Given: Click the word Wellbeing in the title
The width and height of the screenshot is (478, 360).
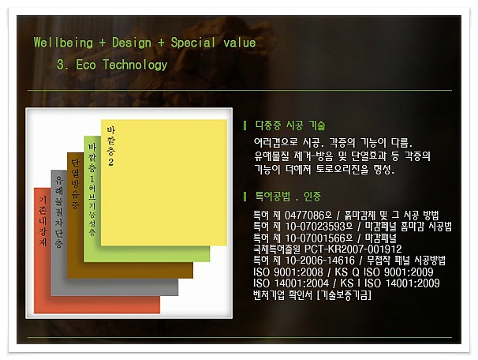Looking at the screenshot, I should click(63, 43).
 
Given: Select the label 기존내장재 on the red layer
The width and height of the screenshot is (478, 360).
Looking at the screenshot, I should click(43, 225).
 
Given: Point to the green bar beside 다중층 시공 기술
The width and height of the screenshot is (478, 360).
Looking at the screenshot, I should click(245, 126).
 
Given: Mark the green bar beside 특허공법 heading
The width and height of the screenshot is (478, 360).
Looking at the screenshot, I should click(245, 196).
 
